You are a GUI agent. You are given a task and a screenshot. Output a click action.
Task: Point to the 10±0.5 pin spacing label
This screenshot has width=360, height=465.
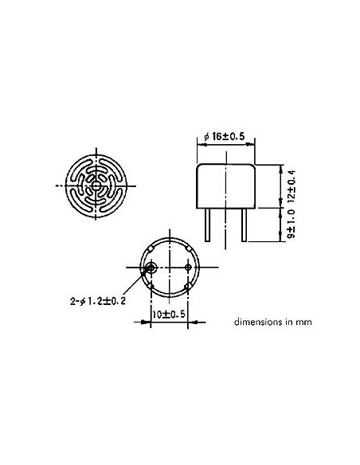pyautogui.click(x=169, y=315)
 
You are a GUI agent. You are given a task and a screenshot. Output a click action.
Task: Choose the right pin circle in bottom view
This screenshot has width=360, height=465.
pyautogui.click(x=187, y=286)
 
